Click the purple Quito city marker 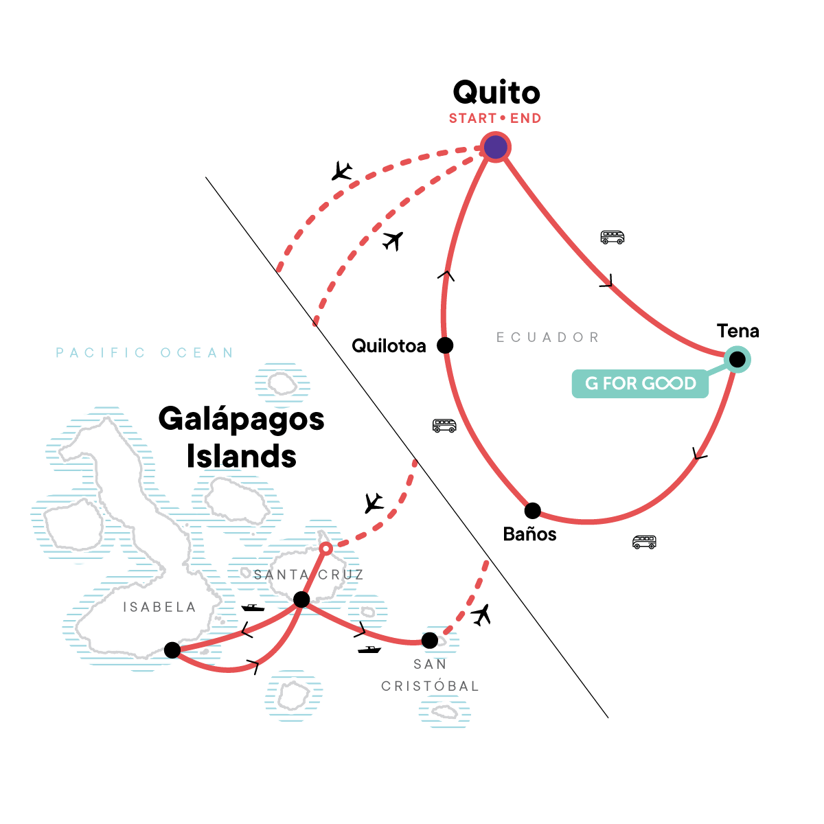tap(495, 147)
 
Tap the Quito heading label tap(496, 93)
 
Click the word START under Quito tap(472, 119)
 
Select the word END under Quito tap(525, 119)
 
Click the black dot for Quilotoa tap(445, 345)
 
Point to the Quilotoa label tap(389, 346)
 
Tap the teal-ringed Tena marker tap(737, 359)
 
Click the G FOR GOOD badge tap(640, 383)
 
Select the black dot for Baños tap(532, 511)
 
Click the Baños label tap(529, 534)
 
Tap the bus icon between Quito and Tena tap(613, 238)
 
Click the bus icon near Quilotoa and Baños tap(444, 426)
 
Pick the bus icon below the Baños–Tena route tap(644, 542)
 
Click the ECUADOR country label tap(547, 337)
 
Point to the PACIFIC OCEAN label tap(144, 353)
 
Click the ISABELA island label tap(159, 607)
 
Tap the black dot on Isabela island tap(172, 650)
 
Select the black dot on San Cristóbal tap(429, 641)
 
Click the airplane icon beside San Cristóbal tap(482, 614)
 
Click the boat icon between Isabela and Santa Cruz tap(253, 608)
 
